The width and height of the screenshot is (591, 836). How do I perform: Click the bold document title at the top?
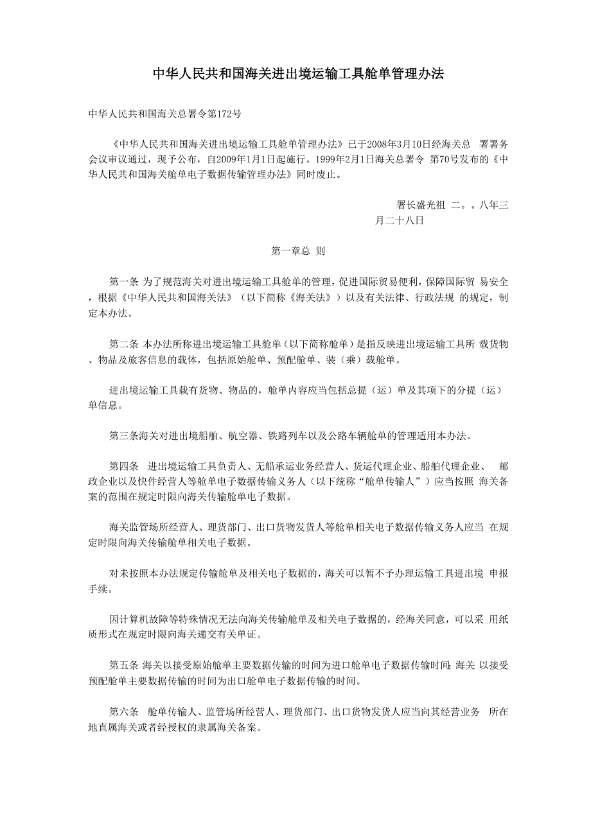pyautogui.click(x=297, y=74)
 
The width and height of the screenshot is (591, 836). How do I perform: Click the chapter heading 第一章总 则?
pyautogui.click(x=298, y=251)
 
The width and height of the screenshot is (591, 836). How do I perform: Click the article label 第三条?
pyautogui.click(x=123, y=437)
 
